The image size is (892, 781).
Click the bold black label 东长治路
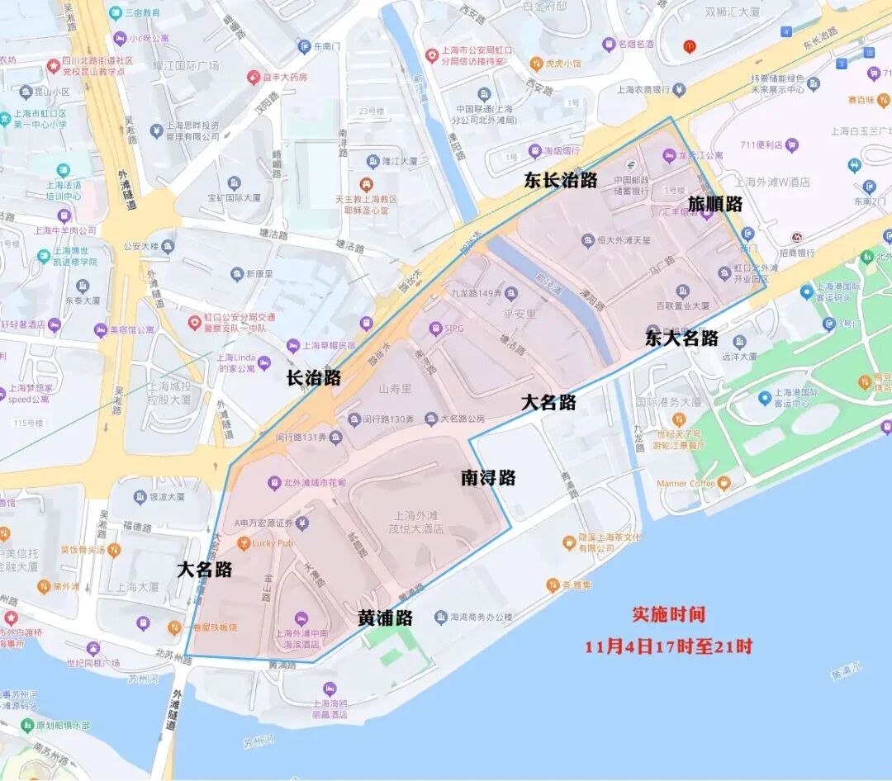560,181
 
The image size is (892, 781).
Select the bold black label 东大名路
681,338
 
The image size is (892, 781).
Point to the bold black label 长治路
313,378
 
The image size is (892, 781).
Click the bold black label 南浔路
487,477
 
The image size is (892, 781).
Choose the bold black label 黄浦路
385,618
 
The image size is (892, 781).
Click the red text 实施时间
668,614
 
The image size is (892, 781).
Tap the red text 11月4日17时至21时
668,646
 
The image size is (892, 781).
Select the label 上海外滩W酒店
772,182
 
